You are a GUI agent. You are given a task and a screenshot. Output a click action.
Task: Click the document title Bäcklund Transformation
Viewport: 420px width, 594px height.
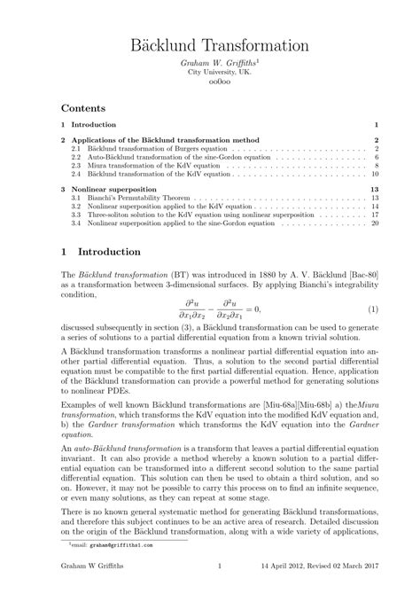210,43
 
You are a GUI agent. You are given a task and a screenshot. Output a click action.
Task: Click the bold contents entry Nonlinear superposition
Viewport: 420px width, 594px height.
115,189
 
